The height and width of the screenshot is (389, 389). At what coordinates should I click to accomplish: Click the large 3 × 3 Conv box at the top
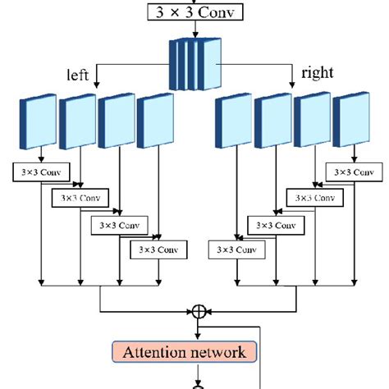[194, 11]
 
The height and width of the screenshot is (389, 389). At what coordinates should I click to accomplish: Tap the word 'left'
[77, 74]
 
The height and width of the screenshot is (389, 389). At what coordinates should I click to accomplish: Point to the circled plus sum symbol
[199, 312]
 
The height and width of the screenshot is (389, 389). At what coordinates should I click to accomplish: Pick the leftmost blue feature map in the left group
[37, 123]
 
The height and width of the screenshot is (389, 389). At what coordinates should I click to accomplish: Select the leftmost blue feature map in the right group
[233, 123]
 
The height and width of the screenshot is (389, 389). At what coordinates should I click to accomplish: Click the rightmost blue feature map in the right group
[350, 123]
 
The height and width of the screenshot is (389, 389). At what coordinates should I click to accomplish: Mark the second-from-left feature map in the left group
[77, 123]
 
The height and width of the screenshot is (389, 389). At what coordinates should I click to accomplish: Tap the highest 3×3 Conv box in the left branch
[41, 172]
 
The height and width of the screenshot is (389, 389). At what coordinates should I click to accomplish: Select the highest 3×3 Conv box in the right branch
[349, 172]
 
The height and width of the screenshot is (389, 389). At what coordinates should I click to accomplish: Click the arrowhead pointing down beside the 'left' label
[98, 84]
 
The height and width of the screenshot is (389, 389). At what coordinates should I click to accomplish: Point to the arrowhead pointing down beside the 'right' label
[292, 84]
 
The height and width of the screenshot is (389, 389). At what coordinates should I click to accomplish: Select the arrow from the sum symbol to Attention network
[199, 328]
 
